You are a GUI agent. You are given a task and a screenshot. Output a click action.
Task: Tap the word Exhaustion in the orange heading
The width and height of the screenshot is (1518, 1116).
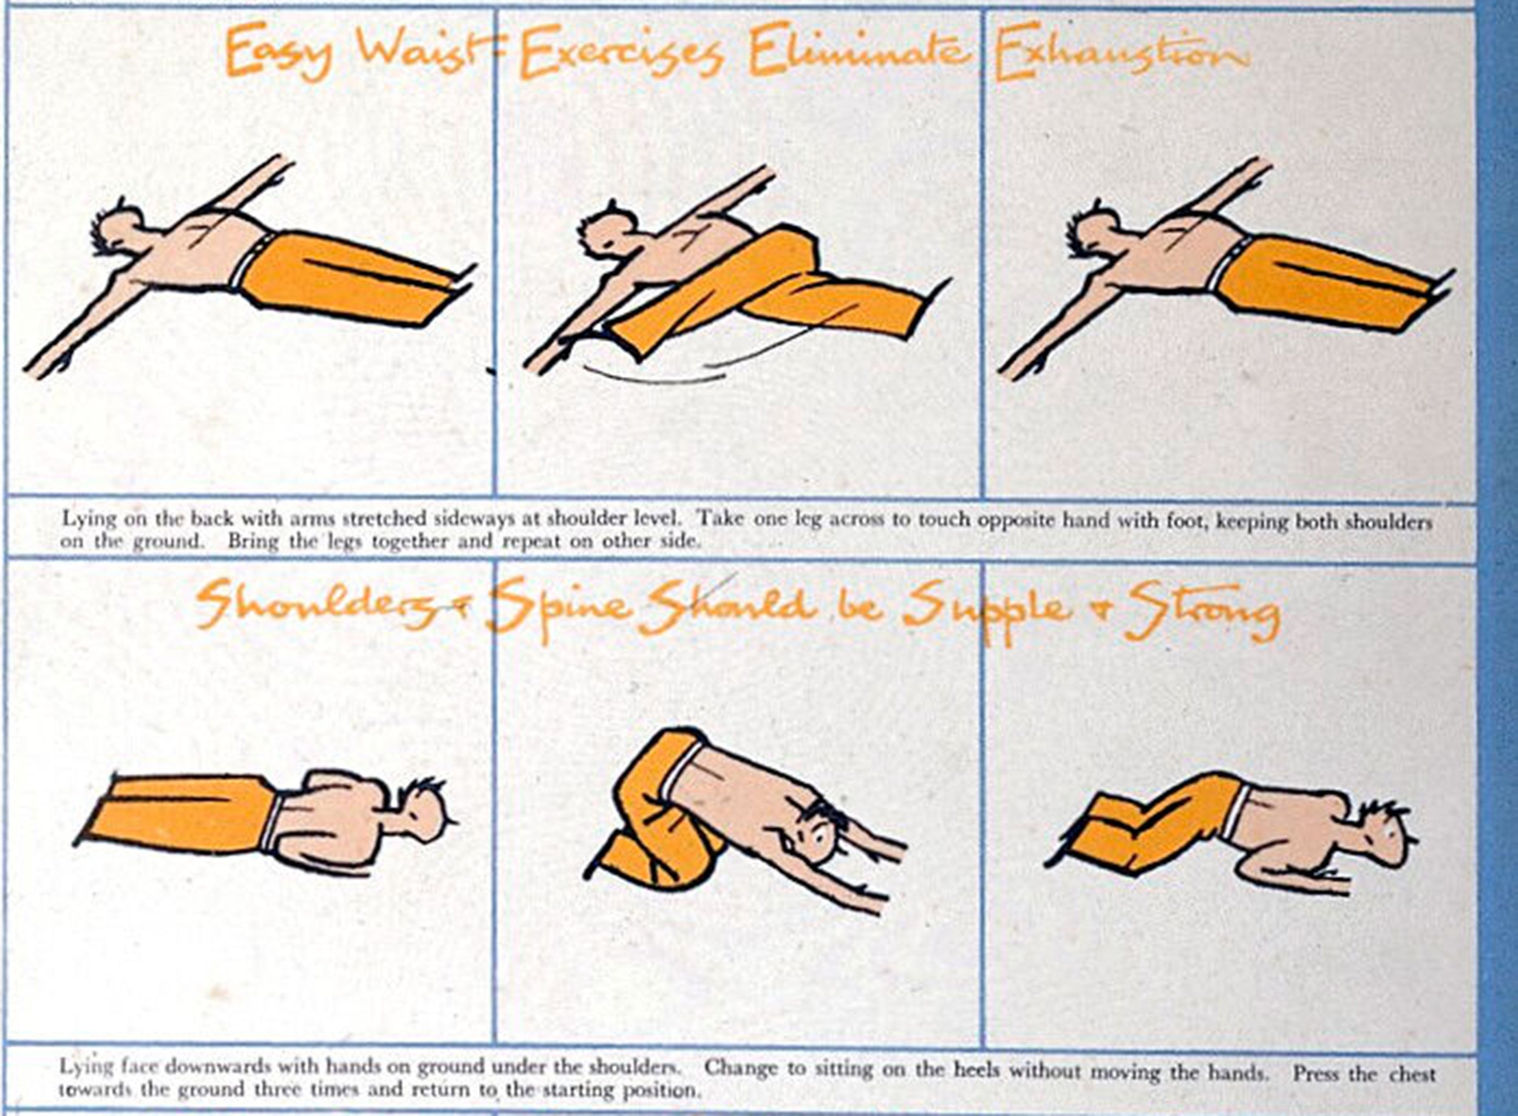(1121, 50)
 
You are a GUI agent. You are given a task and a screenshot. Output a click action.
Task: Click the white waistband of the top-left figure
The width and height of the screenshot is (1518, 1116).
(251, 260)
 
